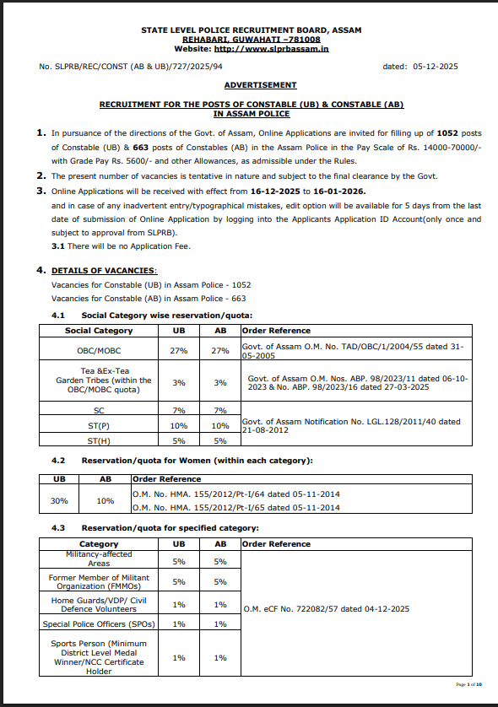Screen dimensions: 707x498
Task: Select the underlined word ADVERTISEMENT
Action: click(260, 85)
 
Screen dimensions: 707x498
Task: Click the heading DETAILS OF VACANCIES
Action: click(104, 270)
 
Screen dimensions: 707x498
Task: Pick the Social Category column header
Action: click(99, 331)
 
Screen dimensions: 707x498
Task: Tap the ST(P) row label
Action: click(99, 426)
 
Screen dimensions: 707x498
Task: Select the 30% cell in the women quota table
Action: click(59, 499)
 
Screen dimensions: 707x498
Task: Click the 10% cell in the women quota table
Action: click(106, 499)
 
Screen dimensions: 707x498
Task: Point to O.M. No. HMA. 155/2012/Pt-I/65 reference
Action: click(236, 508)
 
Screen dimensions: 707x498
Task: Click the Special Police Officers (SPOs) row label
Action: click(99, 624)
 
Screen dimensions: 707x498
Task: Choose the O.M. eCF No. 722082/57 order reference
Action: click(326, 608)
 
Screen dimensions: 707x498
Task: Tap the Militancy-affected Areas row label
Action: click(99, 559)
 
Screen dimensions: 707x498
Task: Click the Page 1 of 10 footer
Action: click(468, 684)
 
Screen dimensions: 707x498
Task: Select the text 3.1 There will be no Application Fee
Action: click(121, 246)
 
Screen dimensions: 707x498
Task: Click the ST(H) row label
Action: click(99, 440)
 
